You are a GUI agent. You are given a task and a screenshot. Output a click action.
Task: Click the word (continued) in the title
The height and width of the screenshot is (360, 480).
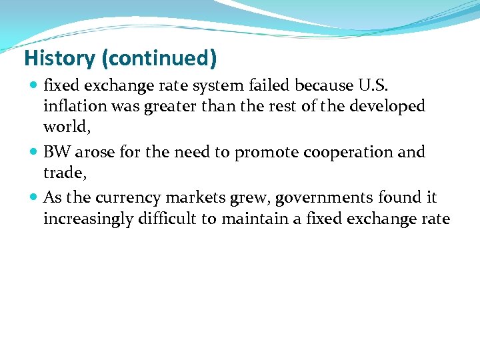(159, 59)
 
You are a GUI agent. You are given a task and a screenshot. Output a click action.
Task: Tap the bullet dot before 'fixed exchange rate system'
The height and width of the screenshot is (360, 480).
(34, 86)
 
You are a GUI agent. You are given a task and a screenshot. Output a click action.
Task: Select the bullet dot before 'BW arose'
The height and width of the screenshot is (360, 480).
(34, 153)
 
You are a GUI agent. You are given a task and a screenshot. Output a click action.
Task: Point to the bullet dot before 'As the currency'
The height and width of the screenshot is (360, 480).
(34, 198)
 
